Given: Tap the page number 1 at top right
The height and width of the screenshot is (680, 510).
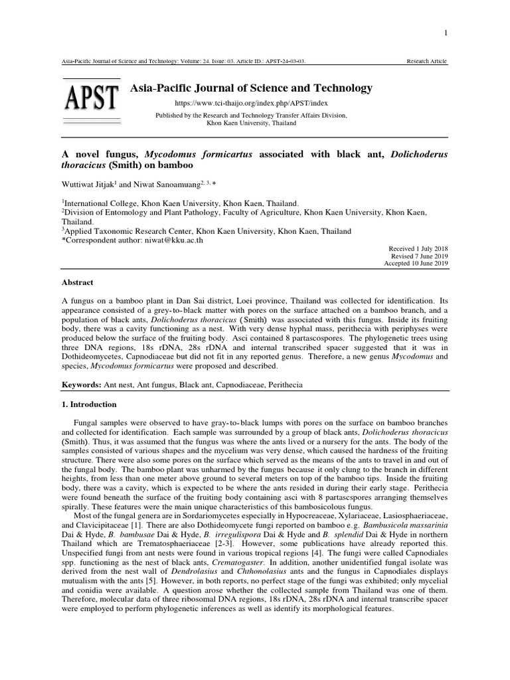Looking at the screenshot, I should [x=446, y=33].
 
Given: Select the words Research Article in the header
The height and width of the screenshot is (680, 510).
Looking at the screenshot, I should [x=427, y=62].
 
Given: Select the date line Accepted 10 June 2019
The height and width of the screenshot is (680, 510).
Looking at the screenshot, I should [x=416, y=264].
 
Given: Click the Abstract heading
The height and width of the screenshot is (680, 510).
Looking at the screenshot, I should [x=78, y=282].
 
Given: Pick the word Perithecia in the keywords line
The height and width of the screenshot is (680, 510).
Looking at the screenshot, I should [x=327, y=385].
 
